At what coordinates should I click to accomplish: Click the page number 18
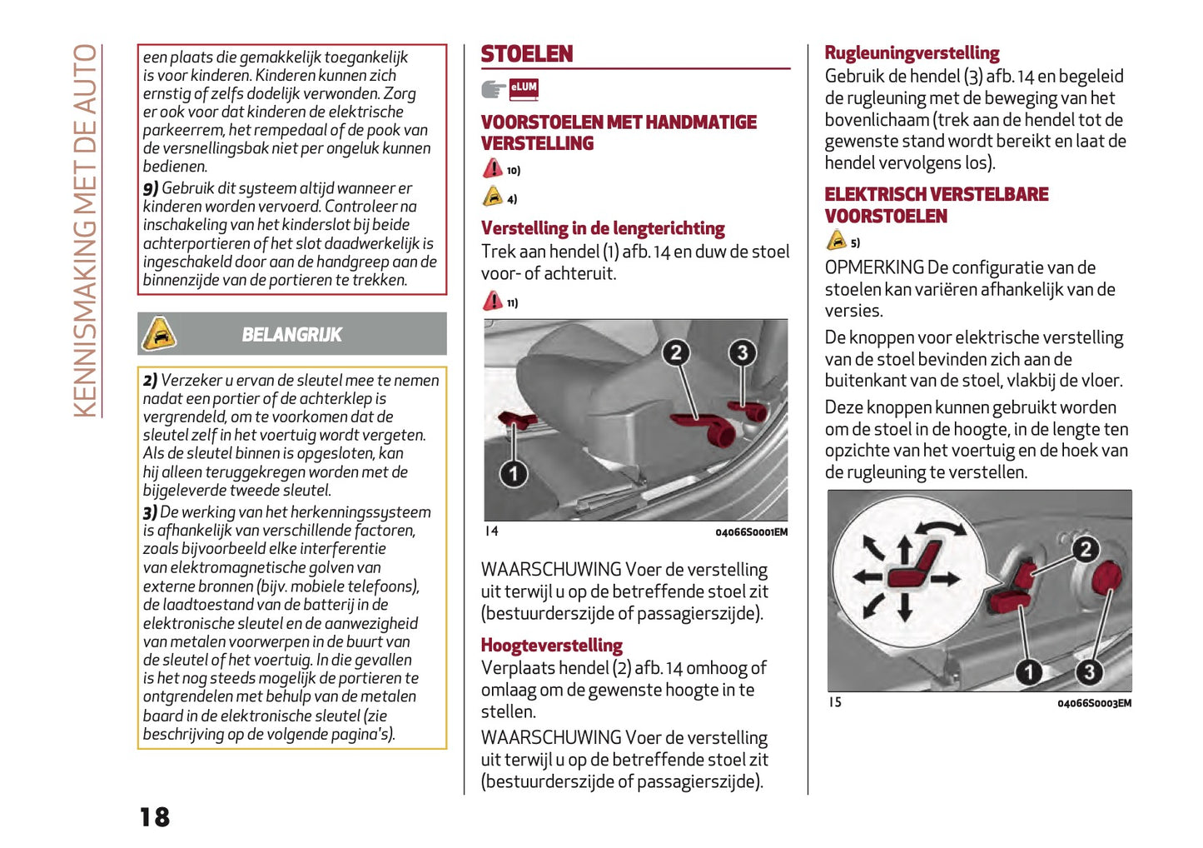155,816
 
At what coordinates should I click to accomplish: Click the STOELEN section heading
527,54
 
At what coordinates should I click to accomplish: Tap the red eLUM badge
524,87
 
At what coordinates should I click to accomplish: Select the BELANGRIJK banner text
291,335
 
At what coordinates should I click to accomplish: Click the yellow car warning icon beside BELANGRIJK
159,334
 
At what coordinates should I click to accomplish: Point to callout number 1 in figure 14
514,474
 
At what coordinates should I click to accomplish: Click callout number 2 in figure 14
676,352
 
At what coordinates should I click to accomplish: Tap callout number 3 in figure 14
742,352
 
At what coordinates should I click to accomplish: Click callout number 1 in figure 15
1029,671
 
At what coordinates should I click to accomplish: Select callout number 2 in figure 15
1084,549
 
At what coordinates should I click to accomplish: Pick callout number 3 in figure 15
1089,671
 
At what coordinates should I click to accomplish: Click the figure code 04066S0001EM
751,532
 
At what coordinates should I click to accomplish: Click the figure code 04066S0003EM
1094,703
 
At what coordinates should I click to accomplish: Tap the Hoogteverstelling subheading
551,646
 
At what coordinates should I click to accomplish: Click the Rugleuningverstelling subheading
912,53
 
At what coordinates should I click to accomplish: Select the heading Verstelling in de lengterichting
603,228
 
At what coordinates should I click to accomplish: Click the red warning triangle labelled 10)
492,168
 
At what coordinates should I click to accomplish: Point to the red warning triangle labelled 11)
492,301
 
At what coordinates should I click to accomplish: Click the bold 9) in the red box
150,189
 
